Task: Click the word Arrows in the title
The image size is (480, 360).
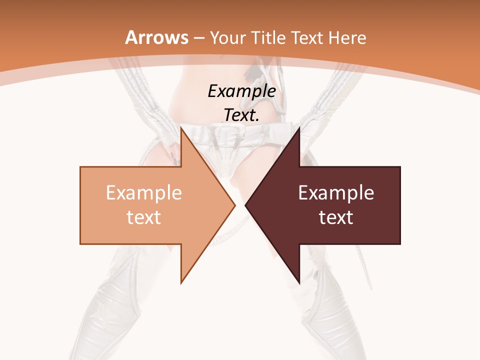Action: point(156,37)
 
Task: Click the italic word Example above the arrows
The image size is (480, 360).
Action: point(241,91)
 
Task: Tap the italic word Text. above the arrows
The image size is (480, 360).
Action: point(241,115)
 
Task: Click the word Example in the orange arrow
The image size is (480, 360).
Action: point(143,193)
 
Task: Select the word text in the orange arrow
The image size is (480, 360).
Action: point(143,217)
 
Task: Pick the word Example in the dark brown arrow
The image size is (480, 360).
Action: point(336,193)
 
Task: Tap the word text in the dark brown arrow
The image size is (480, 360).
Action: point(336,217)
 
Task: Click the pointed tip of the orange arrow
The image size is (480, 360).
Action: point(234,205)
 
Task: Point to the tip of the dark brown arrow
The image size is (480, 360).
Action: point(246,205)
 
